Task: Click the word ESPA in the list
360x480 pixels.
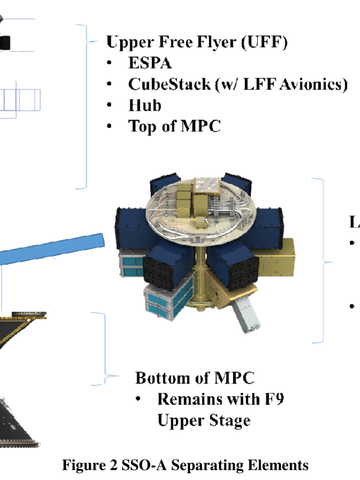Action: coord(150,63)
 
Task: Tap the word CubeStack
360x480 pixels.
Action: coord(170,84)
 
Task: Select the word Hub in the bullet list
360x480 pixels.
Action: coord(145,105)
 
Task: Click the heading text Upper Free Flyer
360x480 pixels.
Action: coord(171,42)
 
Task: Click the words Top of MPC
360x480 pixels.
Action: coord(174,126)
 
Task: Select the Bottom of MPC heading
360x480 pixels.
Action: coord(195,378)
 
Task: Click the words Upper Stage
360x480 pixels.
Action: coord(204,421)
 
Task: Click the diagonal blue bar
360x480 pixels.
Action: coord(51,248)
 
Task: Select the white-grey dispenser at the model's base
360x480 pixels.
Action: coord(247,315)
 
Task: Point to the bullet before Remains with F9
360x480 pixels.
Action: coord(138,399)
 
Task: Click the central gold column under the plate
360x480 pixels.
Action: coord(201,276)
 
